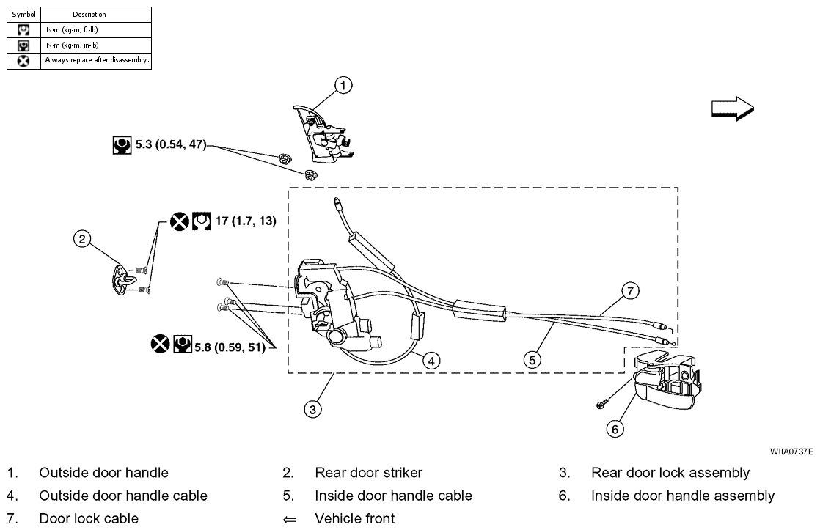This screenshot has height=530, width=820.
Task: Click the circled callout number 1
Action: point(343,86)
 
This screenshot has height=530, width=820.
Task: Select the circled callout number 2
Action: point(83,238)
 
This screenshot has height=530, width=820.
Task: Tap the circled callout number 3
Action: point(313,410)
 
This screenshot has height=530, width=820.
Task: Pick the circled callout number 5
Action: point(532,360)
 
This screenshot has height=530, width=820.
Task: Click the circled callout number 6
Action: point(615,429)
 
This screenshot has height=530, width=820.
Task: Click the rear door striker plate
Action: point(126,279)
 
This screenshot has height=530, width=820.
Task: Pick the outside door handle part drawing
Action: point(322,133)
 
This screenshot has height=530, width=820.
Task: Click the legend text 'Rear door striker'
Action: point(368,473)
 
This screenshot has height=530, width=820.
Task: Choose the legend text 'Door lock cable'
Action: point(89,519)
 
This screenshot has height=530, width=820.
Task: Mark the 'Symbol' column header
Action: point(23,14)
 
